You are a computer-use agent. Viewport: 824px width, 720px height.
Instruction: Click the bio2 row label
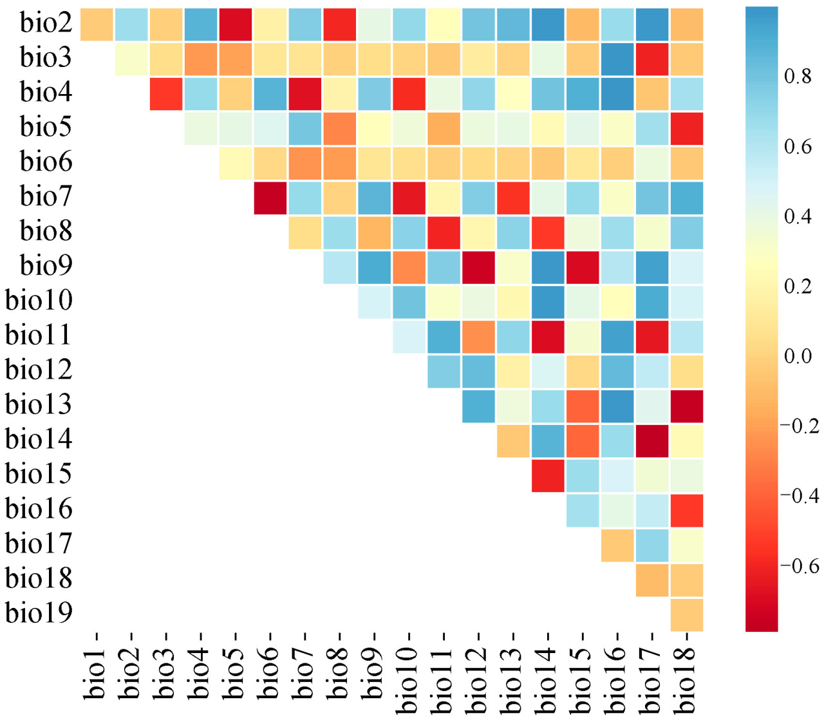[x=46, y=23]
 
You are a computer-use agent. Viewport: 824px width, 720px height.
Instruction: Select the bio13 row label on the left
[x=39, y=404]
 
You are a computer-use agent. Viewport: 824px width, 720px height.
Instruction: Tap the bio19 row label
[x=39, y=612]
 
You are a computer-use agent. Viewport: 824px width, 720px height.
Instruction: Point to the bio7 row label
[x=46, y=196]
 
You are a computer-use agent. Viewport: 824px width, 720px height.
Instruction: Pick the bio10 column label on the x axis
[x=409, y=673]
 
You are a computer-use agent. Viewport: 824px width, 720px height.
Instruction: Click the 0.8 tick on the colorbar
[x=798, y=77]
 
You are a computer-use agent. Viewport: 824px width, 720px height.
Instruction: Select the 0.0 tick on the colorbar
[x=798, y=356]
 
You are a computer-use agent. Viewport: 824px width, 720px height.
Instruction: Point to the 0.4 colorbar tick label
[x=798, y=216]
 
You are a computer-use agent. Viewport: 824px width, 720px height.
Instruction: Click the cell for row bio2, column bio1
[x=97, y=24]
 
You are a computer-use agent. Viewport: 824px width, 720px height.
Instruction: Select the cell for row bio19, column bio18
[x=687, y=614]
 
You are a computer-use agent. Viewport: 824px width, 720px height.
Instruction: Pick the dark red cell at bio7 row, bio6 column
[x=270, y=198]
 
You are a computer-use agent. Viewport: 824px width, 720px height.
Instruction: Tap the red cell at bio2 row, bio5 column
[x=236, y=24]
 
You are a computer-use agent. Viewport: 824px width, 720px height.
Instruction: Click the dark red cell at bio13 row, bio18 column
[x=687, y=406]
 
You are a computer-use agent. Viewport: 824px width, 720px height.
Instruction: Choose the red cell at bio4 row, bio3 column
[x=166, y=93]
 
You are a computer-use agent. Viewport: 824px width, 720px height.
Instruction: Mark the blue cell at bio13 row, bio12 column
[x=478, y=406]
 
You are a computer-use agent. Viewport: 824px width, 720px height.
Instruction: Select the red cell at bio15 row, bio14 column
[x=548, y=475]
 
